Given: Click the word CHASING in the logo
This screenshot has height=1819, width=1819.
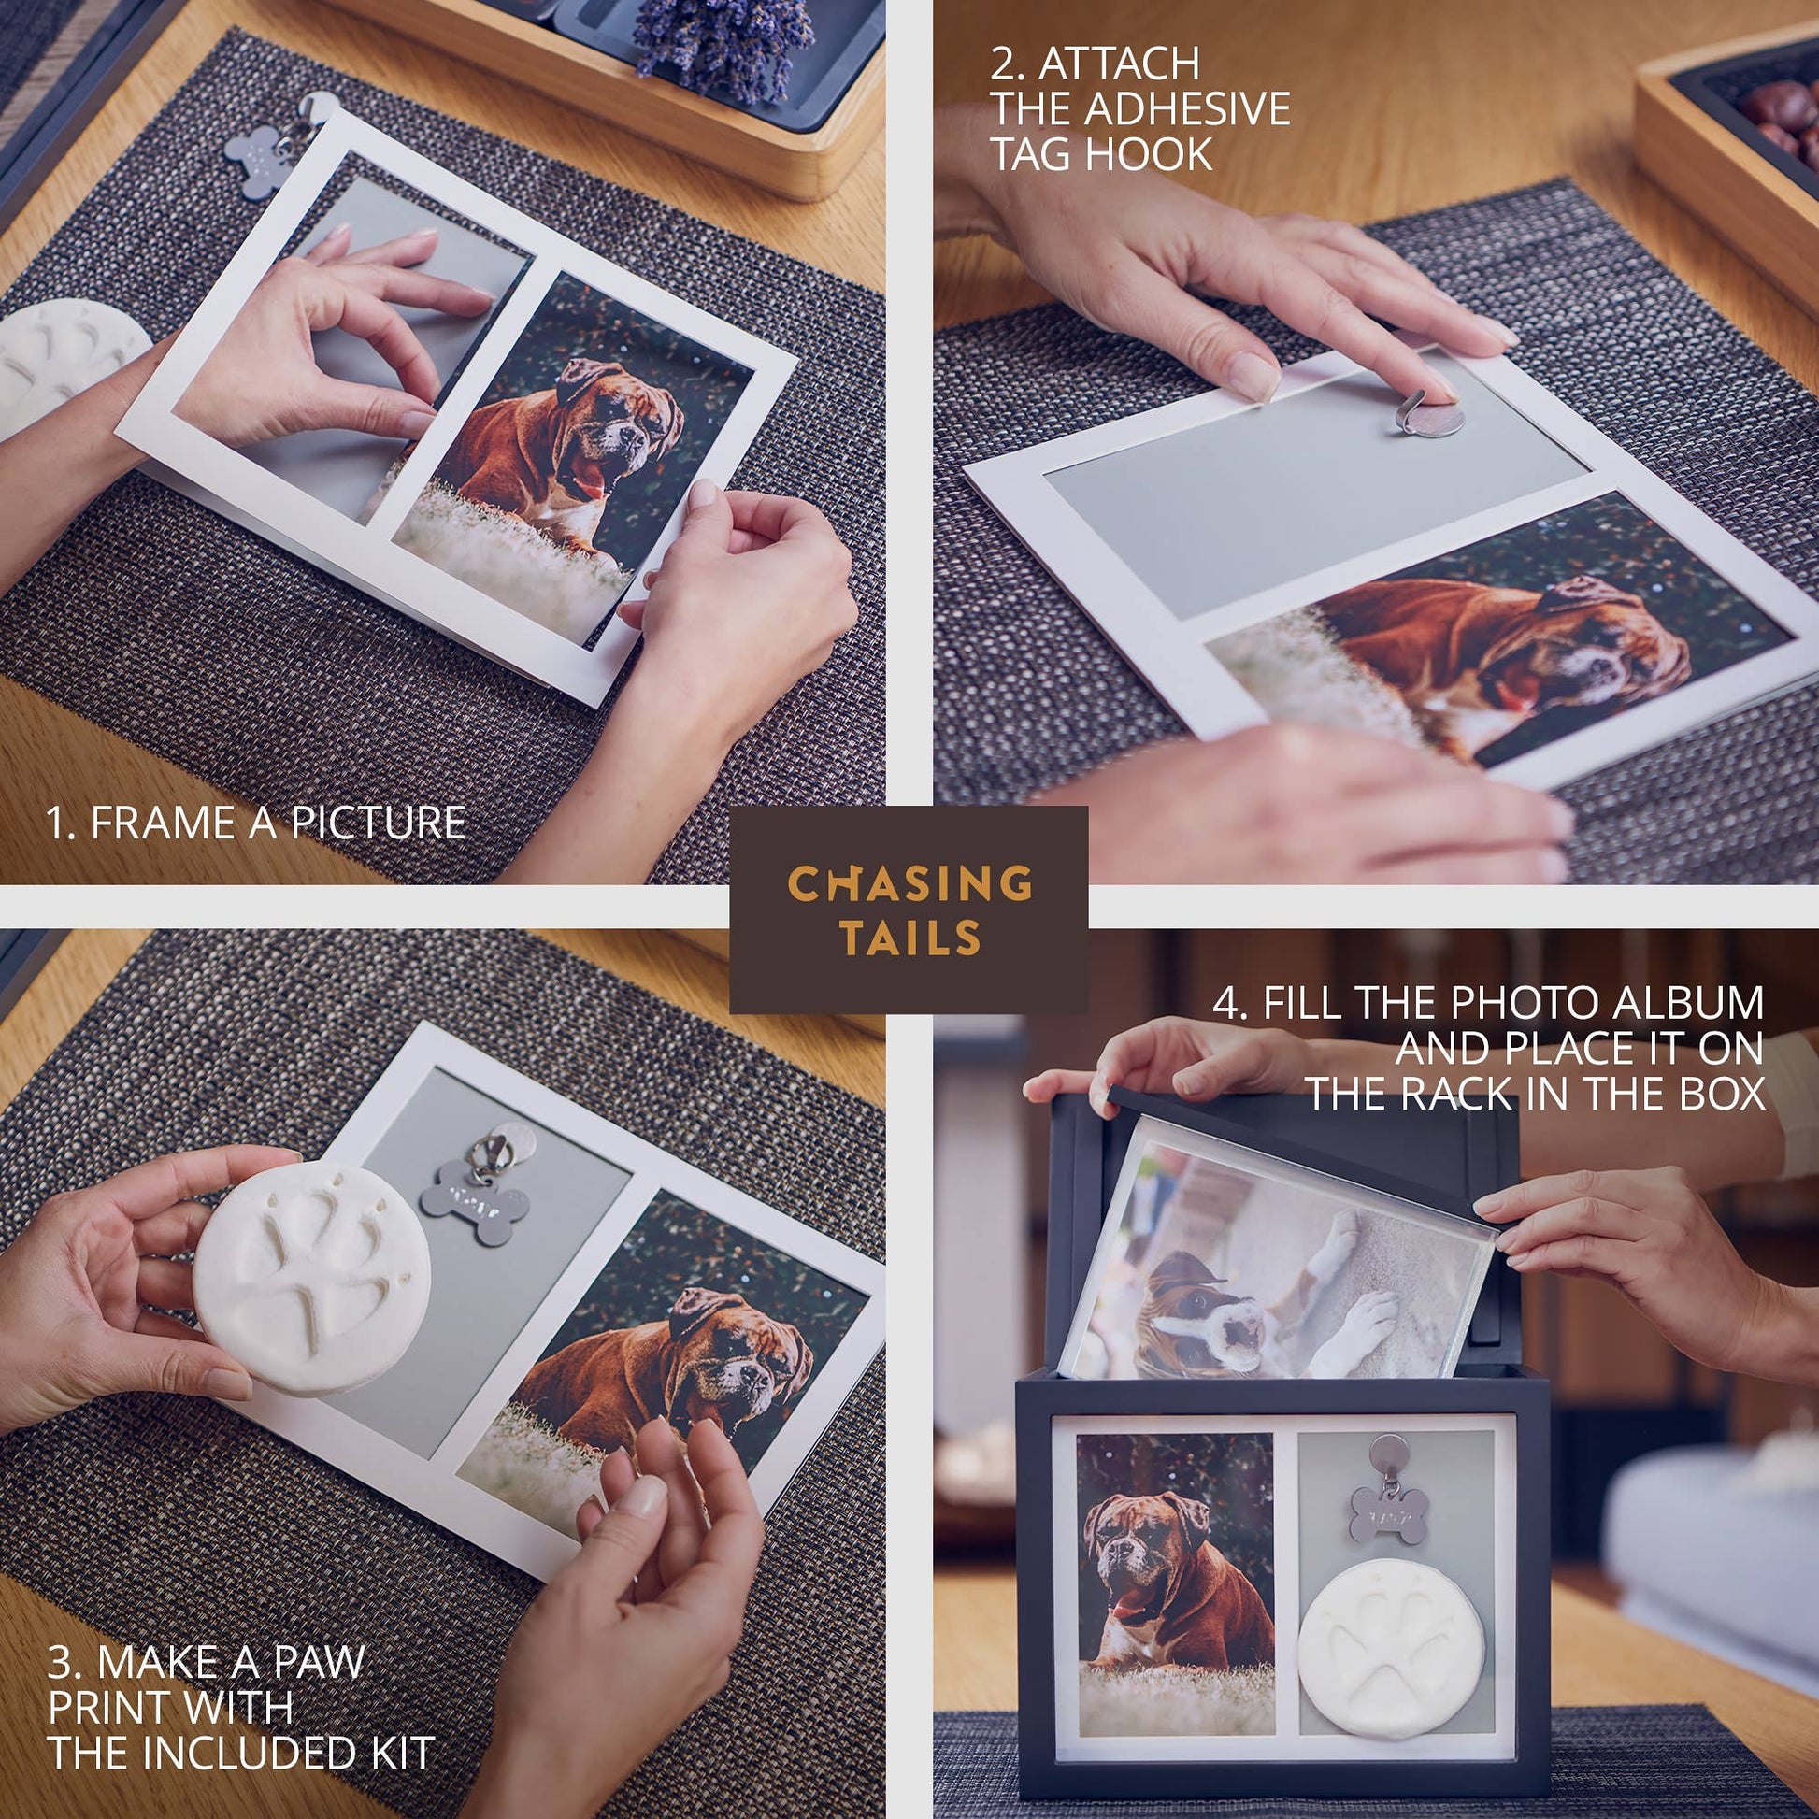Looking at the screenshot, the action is [909, 884].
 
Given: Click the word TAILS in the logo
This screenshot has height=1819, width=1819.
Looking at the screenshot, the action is [910, 938].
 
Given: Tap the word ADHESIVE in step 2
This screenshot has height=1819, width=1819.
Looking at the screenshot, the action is [1187, 109].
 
